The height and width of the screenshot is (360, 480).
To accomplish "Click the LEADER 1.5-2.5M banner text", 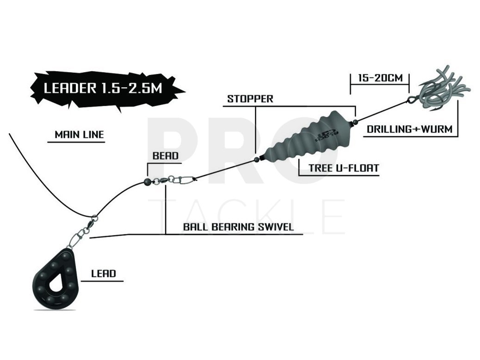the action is [103, 88].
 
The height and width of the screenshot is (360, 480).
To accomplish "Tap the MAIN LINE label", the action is [79, 134].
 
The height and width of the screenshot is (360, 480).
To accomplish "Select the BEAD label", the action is [165, 156].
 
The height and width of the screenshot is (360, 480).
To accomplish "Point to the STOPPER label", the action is [250, 99].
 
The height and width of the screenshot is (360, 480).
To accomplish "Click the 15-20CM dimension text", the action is [381, 78].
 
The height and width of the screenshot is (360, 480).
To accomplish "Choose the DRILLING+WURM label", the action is [410, 129].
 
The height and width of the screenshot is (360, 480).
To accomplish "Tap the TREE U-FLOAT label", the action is [344, 168].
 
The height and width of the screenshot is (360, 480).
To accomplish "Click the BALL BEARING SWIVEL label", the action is [239, 226].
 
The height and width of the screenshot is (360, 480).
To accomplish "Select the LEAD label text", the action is [104, 274].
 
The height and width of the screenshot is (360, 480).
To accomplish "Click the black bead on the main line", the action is [147, 182].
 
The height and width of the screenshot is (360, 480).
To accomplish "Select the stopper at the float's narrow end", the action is [256, 159].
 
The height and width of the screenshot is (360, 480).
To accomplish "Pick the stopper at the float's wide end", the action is [355, 122].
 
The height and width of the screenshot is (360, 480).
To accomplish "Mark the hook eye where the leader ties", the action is [411, 99].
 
